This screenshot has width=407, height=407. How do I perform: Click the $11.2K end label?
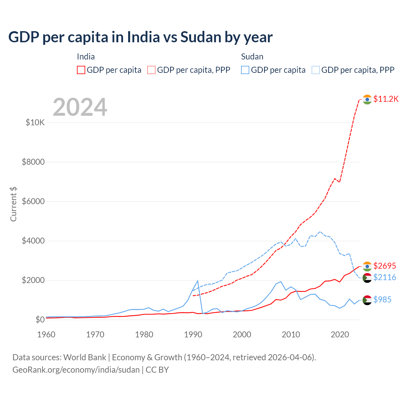386,99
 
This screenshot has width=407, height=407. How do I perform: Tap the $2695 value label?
384,266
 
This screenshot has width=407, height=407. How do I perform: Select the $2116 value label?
384,278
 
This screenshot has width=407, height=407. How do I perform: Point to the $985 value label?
382,300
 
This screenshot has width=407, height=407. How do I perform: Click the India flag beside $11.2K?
367,100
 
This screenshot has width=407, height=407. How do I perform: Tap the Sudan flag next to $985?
367,300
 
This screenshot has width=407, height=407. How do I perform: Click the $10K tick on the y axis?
35,122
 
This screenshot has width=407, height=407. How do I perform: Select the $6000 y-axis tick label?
33,201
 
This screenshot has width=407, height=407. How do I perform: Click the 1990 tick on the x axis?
193,335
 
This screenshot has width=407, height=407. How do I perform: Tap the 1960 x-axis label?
46,335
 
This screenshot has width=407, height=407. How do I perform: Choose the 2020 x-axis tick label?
340,335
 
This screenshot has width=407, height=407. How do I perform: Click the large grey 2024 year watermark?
80,107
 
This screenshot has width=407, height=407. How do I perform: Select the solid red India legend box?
81,70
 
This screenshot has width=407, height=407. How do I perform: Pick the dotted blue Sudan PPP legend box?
316,70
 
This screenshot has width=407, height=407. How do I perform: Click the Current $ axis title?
13,204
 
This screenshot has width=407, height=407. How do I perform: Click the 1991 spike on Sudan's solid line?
198,281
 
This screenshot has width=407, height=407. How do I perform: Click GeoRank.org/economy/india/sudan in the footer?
76,370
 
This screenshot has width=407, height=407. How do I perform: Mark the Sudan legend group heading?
252,57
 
